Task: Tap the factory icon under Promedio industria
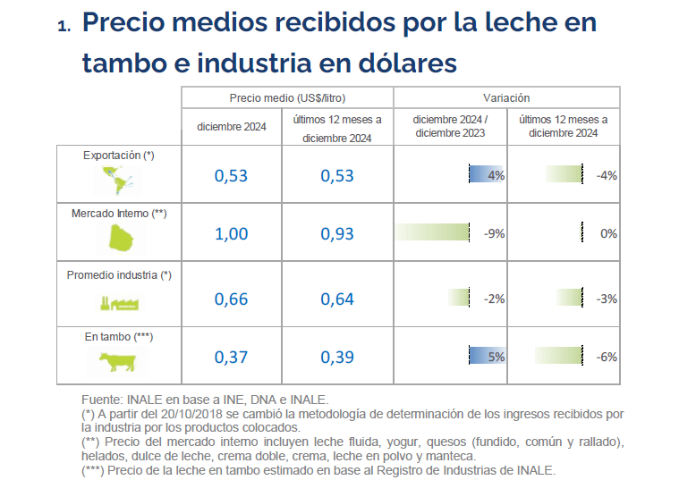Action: [x=117, y=302]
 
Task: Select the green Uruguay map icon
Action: [x=118, y=238]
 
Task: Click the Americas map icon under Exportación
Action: [x=118, y=181]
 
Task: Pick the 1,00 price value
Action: [x=232, y=234]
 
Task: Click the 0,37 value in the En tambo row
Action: [x=232, y=358]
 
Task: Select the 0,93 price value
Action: [x=337, y=234]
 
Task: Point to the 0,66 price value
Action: [x=232, y=299]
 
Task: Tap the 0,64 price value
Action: [x=337, y=299]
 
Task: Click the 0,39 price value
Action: [x=337, y=358]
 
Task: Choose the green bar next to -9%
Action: [x=433, y=233]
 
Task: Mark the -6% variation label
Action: [x=606, y=358]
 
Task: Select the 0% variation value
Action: [x=608, y=234]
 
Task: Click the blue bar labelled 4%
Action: [x=487, y=175]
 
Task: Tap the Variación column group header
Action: [x=506, y=97]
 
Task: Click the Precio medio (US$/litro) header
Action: [x=287, y=97]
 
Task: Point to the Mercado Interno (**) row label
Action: [x=119, y=214]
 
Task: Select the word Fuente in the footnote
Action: [x=102, y=400]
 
